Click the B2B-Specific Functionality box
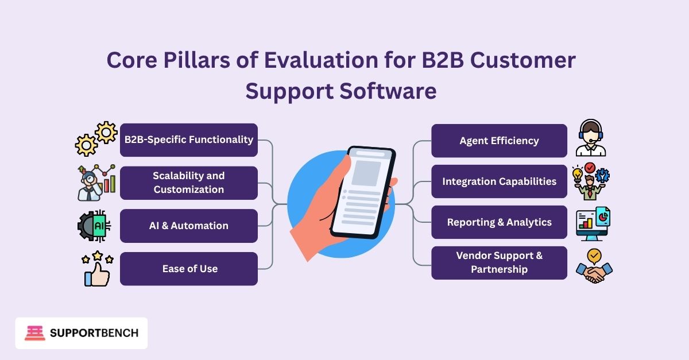(189, 140)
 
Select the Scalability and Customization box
(189, 183)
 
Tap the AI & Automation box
(189, 226)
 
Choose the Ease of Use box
(189, 269)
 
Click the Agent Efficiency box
(499, 140)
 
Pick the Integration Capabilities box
(499, 181)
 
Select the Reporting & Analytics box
(499, 222)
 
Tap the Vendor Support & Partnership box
(499, 263)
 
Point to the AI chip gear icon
(95, 226)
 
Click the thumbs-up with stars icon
(96, 269)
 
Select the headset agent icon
(591, 138)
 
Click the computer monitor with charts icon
(593, 224)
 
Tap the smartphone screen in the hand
(362, 192)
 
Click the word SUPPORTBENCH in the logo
(94, 333)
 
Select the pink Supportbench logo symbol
(35, 333)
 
